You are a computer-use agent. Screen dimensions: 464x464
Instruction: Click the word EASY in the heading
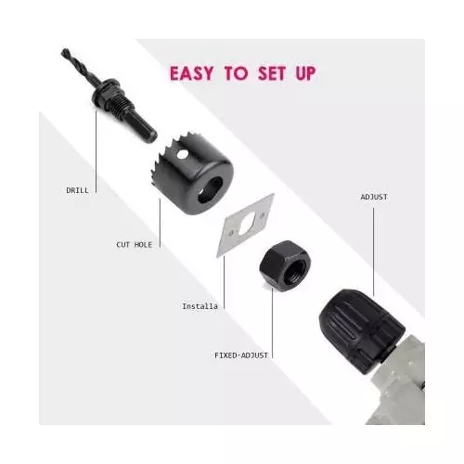[191, 73]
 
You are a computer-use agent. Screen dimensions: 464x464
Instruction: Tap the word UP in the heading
[305, 73]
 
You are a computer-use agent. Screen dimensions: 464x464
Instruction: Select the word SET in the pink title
[272, 73]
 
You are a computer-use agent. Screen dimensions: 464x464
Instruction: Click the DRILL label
[77, 190]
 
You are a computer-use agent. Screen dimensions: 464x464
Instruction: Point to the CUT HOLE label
[135, 245]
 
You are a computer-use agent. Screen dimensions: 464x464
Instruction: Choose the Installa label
[200, 306]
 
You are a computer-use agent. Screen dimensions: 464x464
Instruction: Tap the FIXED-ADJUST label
[241, 355]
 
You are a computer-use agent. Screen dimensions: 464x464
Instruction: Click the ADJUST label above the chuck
[374, 197]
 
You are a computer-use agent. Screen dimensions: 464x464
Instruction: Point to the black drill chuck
[360, 330]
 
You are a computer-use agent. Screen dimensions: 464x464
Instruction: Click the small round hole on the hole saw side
[182, 153]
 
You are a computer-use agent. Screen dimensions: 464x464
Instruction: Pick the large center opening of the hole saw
[211, 190]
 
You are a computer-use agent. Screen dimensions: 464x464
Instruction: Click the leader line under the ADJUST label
[373, 251]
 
